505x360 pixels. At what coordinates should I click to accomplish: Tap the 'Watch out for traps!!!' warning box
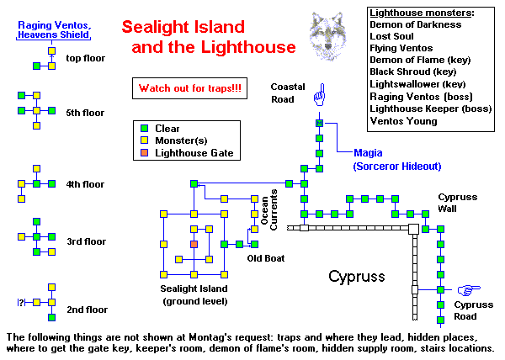pos(190,87)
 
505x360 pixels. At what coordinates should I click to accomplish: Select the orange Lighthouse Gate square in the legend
pos(144,153)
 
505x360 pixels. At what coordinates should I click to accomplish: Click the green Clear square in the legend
pos(144,128)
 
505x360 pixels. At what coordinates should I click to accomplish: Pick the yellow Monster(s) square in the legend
pos(144,140)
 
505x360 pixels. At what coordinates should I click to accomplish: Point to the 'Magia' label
pos(371,153)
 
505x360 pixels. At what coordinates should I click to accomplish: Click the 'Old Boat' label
pos(263,258)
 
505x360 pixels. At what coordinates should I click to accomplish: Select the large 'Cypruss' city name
pos(355,276)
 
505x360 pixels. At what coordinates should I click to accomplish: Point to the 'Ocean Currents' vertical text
pos(268,210)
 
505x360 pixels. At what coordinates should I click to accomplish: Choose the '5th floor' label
pos(87,112)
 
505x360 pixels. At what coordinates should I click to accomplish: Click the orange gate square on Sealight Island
pos(194,244)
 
